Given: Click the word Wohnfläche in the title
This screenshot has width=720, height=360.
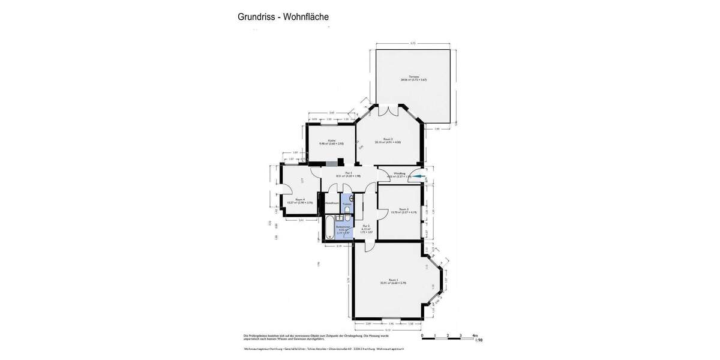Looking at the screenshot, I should point(305,17).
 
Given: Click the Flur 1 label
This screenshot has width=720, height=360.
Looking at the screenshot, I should point(340,173).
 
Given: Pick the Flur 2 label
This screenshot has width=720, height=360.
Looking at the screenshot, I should point(365,226).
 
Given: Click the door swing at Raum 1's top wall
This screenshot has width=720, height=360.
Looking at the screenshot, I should point(370,245).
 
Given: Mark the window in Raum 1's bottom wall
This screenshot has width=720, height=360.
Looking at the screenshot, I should point(391,319).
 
